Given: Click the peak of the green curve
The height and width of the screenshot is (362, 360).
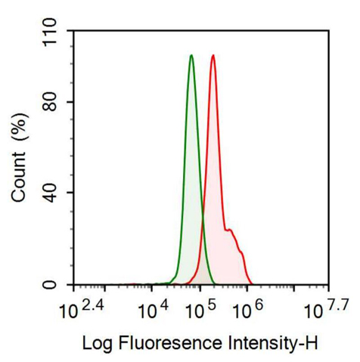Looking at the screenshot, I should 191,56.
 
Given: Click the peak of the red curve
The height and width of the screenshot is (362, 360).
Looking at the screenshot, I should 213,55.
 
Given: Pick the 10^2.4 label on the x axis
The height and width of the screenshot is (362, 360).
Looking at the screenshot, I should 79,308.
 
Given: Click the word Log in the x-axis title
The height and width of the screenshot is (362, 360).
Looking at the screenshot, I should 96,344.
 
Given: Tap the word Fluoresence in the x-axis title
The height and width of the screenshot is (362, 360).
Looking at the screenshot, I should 171,344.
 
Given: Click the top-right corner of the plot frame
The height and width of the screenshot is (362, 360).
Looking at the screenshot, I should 328,31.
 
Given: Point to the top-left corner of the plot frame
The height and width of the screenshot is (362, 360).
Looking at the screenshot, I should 73,31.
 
